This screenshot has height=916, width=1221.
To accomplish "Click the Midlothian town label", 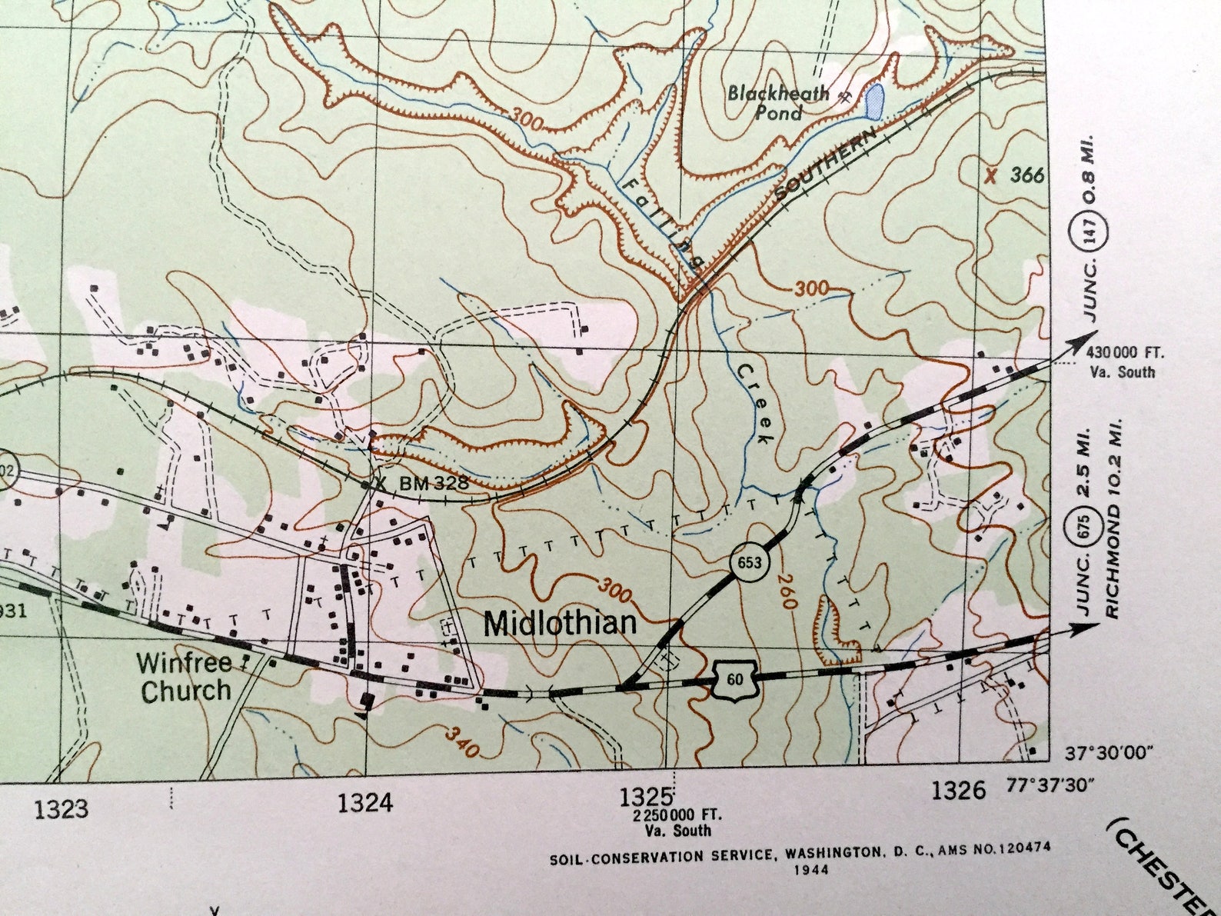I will coord(560,624).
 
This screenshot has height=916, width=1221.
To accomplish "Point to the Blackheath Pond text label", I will coord(778,104).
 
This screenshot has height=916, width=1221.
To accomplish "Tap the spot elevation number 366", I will coord(1027,175).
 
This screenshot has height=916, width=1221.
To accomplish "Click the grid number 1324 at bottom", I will coord(365,804).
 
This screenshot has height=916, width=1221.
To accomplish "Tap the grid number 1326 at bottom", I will coord(957,790).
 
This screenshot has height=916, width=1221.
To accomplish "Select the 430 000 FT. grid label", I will coord(1126,355).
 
